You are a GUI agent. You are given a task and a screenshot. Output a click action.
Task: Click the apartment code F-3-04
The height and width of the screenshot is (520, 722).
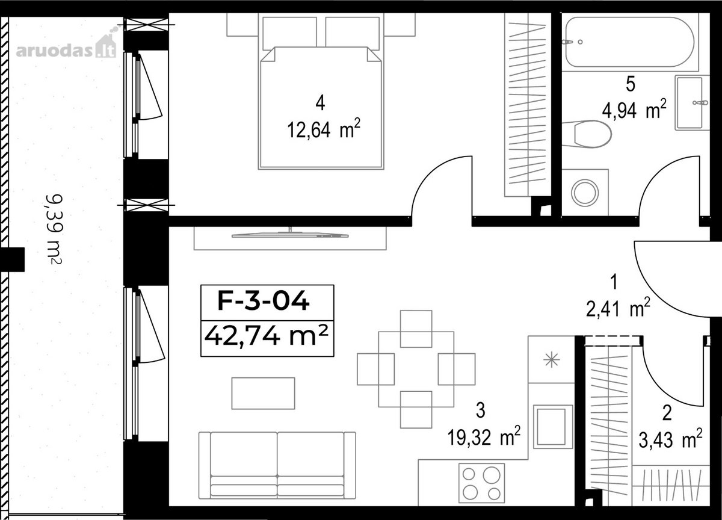pyautogui.click(x=264, y=300)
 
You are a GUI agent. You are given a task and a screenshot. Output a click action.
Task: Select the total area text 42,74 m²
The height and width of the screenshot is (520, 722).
pyautogui.click(x=266, y=336)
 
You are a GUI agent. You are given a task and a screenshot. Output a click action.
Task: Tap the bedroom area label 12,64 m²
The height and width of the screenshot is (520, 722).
pyautogui.click(x=323, y=129)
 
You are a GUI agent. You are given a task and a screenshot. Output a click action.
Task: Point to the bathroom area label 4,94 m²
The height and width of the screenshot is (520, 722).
pyautogui.click(x=634, y=110)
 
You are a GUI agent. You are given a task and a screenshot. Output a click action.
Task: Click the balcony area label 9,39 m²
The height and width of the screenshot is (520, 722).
pyautogui.click(x=54, y=229)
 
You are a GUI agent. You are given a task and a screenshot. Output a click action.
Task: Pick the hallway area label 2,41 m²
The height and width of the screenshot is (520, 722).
pyautogui.click(x=617, y=307)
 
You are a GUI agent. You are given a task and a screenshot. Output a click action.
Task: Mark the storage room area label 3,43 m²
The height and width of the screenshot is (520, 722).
pyautogui.click(x=670, y=439)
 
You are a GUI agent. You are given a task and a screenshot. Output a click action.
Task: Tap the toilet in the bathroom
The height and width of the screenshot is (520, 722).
pyautogui.click(x=587, y=134)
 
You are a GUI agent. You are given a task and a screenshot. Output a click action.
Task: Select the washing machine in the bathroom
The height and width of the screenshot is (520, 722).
pyautogui.click(x=585, y=193)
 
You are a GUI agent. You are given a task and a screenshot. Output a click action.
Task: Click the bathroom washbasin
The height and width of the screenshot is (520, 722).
pyautogui.click(x=692, y=103)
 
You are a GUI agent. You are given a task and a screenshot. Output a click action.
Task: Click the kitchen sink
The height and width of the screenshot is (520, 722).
pyautogui.click(x=553, y=427)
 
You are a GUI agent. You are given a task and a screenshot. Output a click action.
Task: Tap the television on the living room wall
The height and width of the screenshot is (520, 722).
pyautogui.click(x=290, y=234)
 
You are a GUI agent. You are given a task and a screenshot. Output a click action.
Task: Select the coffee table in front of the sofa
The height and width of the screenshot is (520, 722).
pyautogui.click(x=263, y=393)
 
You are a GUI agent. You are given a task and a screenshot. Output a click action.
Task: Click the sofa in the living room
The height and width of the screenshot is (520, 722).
pyautogui.click(x=277, y=469)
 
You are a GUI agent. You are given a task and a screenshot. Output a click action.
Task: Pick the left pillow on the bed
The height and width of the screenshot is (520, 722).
pyautogui.click(x=289, y=34)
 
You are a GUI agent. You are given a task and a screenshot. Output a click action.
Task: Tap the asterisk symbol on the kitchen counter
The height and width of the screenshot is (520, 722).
pyautogui.click(x=552, y=360)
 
